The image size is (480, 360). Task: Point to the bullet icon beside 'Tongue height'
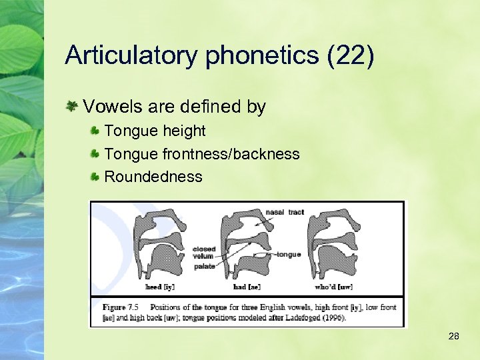pos(96,131)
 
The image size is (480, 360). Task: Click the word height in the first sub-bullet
pos(183,131)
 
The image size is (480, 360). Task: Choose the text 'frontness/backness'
pos(231,154)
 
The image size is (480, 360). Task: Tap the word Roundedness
pos(153,177)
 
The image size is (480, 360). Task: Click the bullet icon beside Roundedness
pos(96,177)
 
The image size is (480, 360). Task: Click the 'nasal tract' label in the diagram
pos(285,212)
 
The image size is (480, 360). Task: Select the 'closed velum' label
pos(203,253)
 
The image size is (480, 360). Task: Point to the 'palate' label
pos(205,266)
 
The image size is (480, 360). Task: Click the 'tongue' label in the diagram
pos(289,254)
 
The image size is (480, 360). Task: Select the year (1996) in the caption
pos(331,317)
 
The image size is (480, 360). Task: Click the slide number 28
pos(453,337)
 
